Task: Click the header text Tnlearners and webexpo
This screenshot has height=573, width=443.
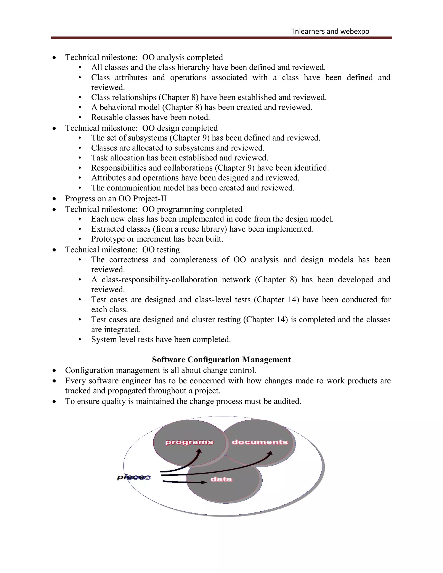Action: point(330,32)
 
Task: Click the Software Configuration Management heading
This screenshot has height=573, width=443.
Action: point(221,359)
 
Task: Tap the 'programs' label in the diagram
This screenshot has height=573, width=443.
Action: point(189,442)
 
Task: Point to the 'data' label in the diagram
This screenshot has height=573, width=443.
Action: point(221,479)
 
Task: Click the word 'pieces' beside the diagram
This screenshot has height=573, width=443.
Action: point(134,477)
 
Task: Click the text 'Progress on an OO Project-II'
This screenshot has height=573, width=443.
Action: point(116,199)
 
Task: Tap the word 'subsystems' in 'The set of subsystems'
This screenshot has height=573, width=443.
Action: point(148,138)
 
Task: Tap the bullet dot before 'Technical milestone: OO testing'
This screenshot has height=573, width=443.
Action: point(54,250)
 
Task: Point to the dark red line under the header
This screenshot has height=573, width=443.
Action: point(221,38)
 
